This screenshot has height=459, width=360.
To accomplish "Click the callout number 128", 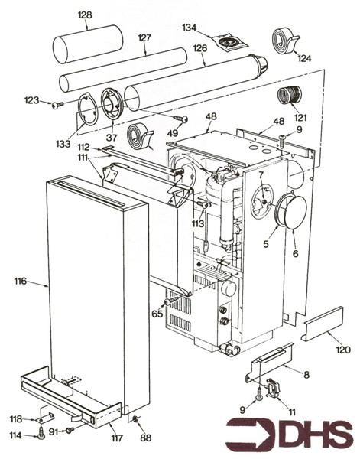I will (85, 15).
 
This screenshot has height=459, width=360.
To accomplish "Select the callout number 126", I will (200, 47).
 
